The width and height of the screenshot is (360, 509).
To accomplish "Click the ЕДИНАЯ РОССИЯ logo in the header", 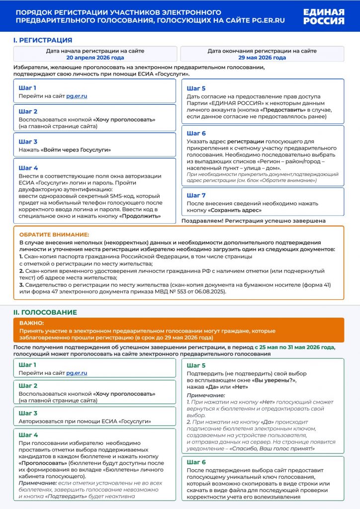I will click(323, 17).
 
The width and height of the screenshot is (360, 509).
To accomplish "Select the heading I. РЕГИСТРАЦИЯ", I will click(42, 40).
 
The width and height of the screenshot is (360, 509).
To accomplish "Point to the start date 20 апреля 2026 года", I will click(95, 58).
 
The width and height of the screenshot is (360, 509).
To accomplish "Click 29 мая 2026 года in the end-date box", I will click(262, 58).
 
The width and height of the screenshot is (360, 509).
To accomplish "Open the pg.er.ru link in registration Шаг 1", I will click(77, 96).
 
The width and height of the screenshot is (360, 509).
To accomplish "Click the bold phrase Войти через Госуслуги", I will click(76, 150).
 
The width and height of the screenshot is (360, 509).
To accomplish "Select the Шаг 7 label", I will click(196, 195).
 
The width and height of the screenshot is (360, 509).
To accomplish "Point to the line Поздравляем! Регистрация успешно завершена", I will click(254, 221).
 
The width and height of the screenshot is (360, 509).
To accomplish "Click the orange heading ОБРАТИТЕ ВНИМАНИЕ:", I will click(54, 234).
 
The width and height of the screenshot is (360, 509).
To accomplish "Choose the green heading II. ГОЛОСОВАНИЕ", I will click(45, 312).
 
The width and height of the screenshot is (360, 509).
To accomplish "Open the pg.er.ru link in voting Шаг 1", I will click(77, 373).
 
